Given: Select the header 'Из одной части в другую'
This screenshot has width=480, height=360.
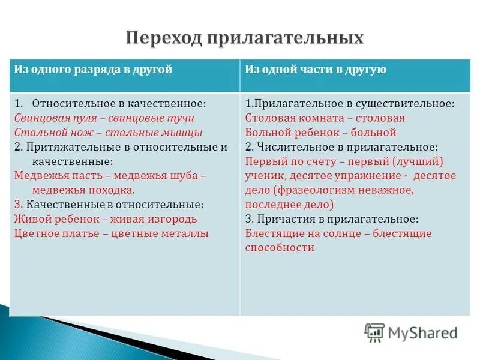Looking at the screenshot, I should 316,70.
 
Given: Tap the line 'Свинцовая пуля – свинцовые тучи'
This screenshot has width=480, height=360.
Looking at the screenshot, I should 104,118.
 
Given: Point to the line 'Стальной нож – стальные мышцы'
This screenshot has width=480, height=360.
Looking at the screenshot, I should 108,133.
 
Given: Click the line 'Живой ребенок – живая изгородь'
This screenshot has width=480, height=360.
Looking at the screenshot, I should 105,219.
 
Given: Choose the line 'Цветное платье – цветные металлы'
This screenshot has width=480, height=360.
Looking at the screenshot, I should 111,233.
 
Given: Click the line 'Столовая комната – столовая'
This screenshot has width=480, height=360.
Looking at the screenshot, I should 325,118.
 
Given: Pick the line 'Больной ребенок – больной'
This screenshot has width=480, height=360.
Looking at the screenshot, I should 320,133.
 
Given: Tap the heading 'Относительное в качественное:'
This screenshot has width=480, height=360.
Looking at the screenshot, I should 119,103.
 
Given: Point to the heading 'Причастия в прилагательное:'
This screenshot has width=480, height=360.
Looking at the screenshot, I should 337,219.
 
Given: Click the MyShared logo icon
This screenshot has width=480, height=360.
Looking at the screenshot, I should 374,332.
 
